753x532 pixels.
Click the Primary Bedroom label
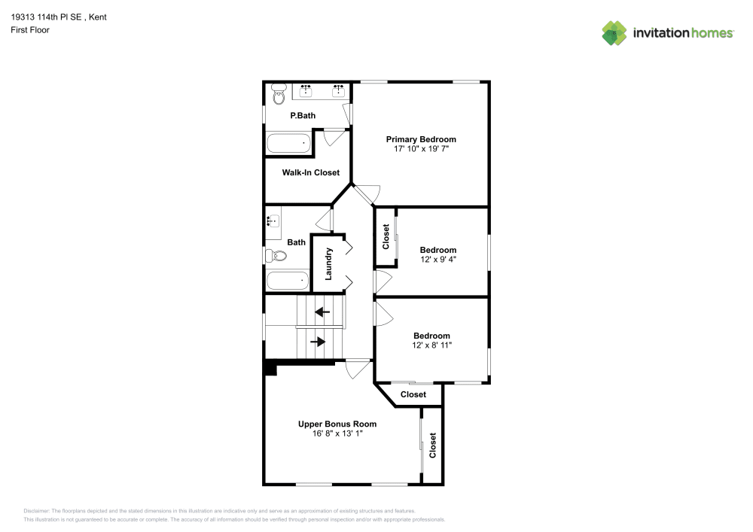tap(421, 139)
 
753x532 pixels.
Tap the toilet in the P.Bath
tap(279, 94)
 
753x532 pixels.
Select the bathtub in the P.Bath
tap(288, 144)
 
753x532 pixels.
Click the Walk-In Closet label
tap(311, 172)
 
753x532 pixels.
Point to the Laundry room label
tap(328, 264)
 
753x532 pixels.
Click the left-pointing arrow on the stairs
tap(322, 312)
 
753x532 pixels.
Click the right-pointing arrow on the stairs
tap(318, 342)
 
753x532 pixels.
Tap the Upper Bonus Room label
tap(337, 424)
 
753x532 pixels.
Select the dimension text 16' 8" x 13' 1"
tap(337, 433)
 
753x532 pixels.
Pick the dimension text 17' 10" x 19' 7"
tap(421, 149)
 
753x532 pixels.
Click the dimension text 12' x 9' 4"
tap(438, 260)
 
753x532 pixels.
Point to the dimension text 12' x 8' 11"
tap(431, 345)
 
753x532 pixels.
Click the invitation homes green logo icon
tap(614, 33)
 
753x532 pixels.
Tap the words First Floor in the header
tap(30, 30)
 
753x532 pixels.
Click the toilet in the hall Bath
tap(276, 255)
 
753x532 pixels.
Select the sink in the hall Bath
tap(273, 221)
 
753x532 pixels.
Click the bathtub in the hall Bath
tap(288, 281)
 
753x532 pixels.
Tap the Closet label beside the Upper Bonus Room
tap(433, 445)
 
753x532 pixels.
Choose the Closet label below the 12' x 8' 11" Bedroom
tap(413, 394)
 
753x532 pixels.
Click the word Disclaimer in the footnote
tap(36, 511)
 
